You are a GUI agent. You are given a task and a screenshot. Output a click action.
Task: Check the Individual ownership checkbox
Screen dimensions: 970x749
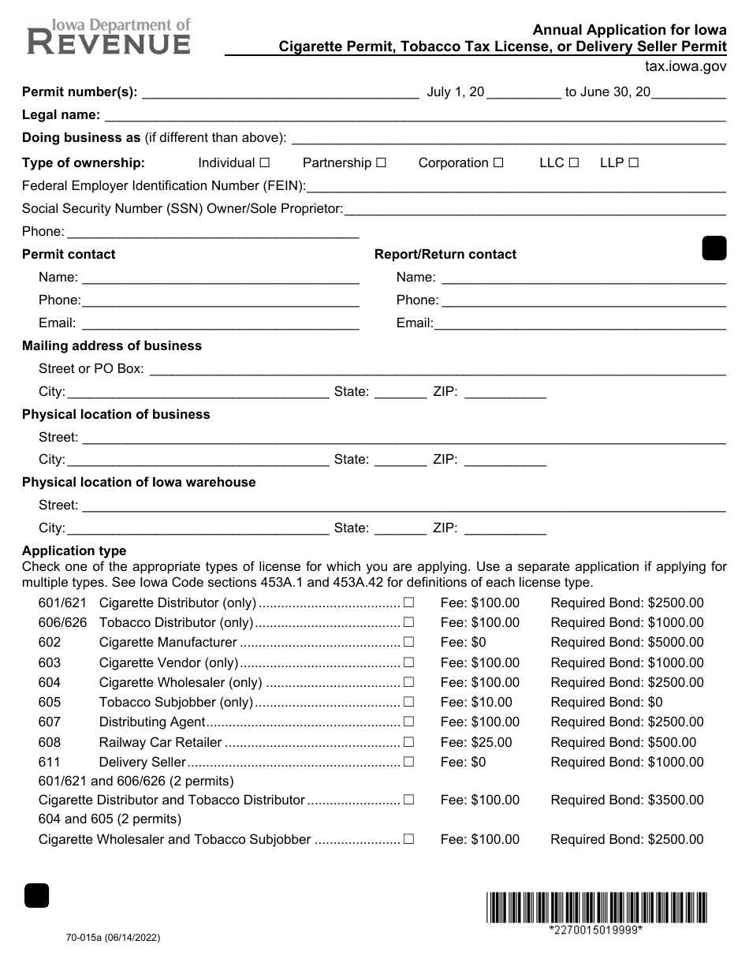[265, 162]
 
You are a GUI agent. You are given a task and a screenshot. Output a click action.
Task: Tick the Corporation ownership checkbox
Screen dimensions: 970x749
[498, 162]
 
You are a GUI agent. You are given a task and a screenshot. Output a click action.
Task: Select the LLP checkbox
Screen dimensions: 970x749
[633, 162]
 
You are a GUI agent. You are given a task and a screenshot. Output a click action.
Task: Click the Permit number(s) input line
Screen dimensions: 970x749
[279, 92]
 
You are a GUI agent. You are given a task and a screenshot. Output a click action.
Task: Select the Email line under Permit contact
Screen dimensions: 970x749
[221, 323]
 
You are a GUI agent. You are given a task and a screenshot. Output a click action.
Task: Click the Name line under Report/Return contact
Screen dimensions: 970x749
[583, 277]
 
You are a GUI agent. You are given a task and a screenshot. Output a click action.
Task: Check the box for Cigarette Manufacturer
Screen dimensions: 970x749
[408, 643]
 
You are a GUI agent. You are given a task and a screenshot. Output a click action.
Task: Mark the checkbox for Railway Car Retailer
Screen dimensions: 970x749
[408, 742]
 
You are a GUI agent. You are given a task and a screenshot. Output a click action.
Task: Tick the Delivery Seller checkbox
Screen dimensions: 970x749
[408, 762]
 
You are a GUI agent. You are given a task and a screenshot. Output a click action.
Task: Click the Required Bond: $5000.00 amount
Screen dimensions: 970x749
[627, 643]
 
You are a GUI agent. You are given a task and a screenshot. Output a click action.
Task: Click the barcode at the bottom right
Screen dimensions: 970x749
[596, 907]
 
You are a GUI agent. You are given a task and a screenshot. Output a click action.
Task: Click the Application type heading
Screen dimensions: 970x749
[74, 550]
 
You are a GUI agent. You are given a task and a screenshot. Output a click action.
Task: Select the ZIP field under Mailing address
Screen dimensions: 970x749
[505, 392]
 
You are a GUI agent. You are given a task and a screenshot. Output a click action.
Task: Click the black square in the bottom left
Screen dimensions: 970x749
[37, 896]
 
